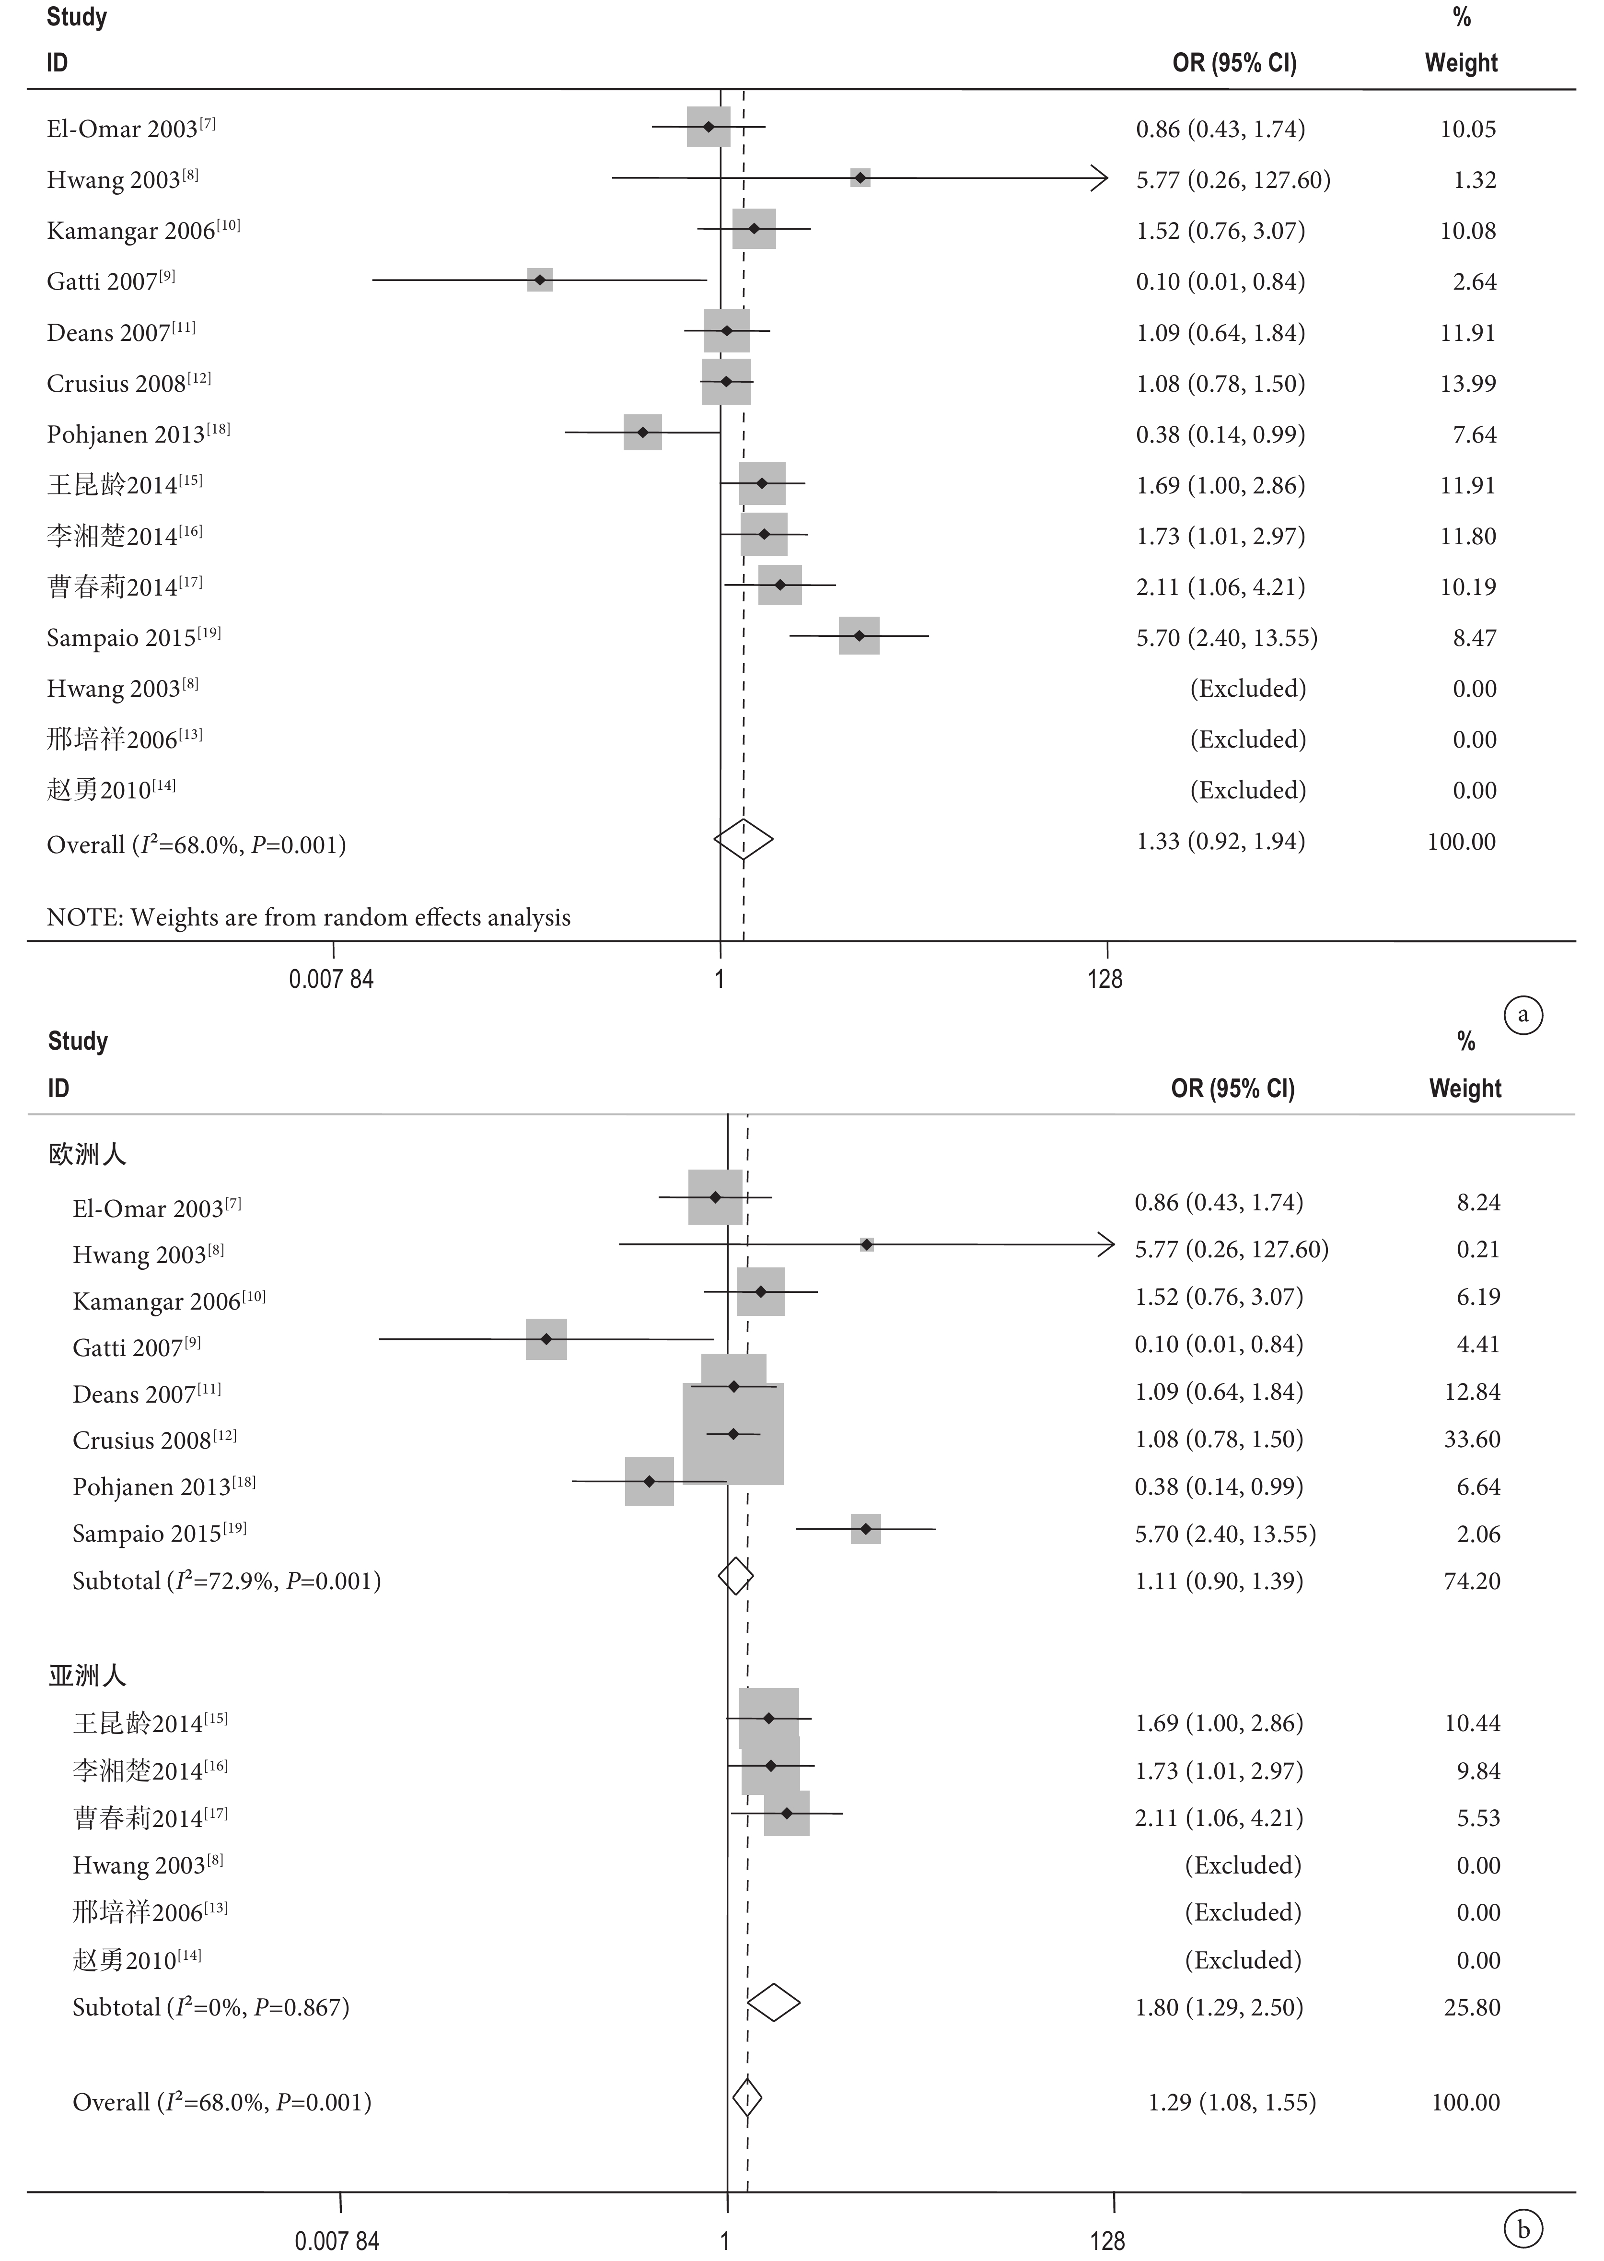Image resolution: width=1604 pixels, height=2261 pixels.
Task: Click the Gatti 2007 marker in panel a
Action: point(539,280)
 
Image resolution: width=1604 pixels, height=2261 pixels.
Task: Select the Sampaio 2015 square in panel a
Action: point(859,635)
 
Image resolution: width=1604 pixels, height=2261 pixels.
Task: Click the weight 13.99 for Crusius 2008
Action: point(1468,383)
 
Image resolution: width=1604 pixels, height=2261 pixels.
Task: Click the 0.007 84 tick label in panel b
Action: point(337,2240)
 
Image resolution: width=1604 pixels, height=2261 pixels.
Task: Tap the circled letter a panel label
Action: point(1523,1014)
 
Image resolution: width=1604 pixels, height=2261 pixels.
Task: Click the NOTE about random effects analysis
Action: point(308,918)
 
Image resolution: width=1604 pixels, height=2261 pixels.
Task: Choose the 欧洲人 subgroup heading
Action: point(87,1154)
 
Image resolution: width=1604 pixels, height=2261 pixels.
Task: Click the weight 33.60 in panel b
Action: point(1472,1439)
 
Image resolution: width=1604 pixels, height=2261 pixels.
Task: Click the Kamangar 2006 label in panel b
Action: point(169,1301)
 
